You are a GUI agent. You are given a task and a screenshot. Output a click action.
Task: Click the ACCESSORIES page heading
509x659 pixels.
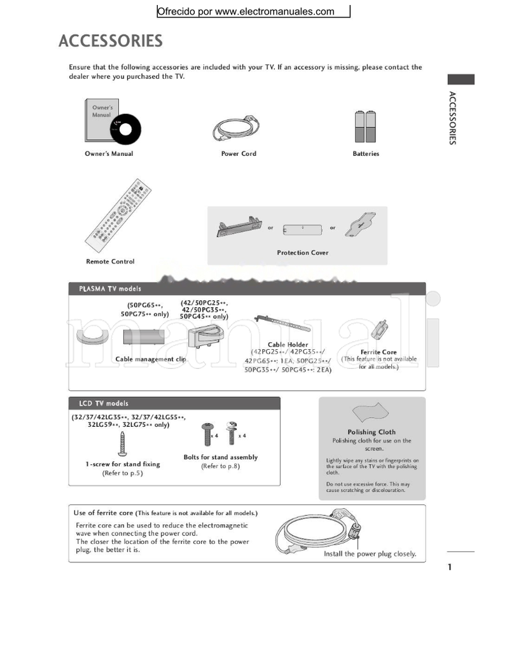111,41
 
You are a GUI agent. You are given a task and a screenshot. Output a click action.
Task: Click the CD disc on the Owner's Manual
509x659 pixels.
125,130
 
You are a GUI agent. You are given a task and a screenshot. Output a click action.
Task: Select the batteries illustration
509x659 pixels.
365,126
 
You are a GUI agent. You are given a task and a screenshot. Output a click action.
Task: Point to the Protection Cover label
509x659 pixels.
302,253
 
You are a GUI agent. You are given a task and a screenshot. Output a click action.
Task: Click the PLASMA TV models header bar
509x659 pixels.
246,289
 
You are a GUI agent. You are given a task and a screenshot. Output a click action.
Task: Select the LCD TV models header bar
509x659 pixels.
174,403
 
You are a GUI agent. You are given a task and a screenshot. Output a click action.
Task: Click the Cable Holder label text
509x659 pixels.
288,344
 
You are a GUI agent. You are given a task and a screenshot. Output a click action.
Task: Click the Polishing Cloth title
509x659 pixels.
372,432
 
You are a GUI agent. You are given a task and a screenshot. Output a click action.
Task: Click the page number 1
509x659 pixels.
450,567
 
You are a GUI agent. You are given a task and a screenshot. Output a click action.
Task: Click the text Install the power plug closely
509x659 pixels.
370,554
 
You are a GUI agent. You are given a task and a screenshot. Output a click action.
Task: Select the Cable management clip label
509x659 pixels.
151,359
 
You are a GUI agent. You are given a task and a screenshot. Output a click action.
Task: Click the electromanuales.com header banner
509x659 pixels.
253,11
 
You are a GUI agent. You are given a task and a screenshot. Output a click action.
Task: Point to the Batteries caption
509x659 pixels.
366,153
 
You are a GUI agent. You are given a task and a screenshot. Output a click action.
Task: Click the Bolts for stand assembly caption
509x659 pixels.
220,457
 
